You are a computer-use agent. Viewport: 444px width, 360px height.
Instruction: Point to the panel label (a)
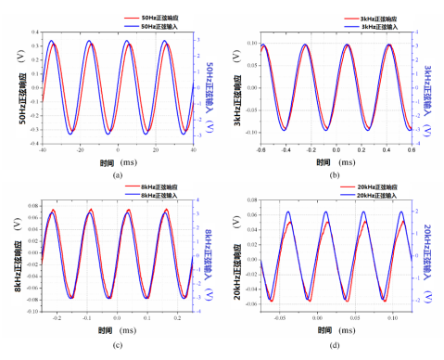(116, 174)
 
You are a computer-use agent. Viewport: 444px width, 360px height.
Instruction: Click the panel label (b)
(336, 174)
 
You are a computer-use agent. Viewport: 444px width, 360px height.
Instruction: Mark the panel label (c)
(116, 347)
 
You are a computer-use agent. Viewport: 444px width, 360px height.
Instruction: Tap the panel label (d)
(336, 347)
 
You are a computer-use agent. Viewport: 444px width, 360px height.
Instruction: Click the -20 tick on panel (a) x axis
(80, 148)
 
